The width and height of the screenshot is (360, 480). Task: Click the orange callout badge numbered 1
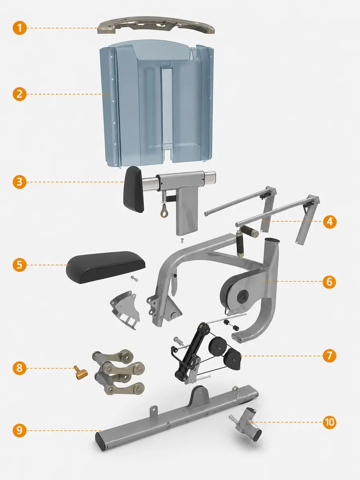click(20, 28)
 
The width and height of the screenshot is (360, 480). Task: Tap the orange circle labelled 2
click(20, 94)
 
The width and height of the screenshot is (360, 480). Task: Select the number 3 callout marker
click(20, 182)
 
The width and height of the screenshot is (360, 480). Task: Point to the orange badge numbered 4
click(330, 222)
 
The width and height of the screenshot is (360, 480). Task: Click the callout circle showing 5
click(20, 265)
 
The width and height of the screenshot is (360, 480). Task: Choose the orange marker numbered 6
click(329, 282)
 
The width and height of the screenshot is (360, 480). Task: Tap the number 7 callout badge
click(329, 356)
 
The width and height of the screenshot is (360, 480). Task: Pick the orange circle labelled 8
click(20, 368)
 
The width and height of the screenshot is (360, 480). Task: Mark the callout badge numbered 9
click(20, 430)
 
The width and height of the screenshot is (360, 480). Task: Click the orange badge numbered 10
click(329, 422)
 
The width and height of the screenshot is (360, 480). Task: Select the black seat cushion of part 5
click(106, 267)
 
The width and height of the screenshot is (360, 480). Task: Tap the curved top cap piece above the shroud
click(156, 25)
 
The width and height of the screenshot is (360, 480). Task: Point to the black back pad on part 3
click(134, 189)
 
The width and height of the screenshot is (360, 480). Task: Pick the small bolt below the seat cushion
click(134, 278)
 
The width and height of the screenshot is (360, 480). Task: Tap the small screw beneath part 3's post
click(182, 240)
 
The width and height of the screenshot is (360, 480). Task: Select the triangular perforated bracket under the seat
click(125, 309)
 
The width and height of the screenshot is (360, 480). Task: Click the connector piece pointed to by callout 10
click(246, 423)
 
